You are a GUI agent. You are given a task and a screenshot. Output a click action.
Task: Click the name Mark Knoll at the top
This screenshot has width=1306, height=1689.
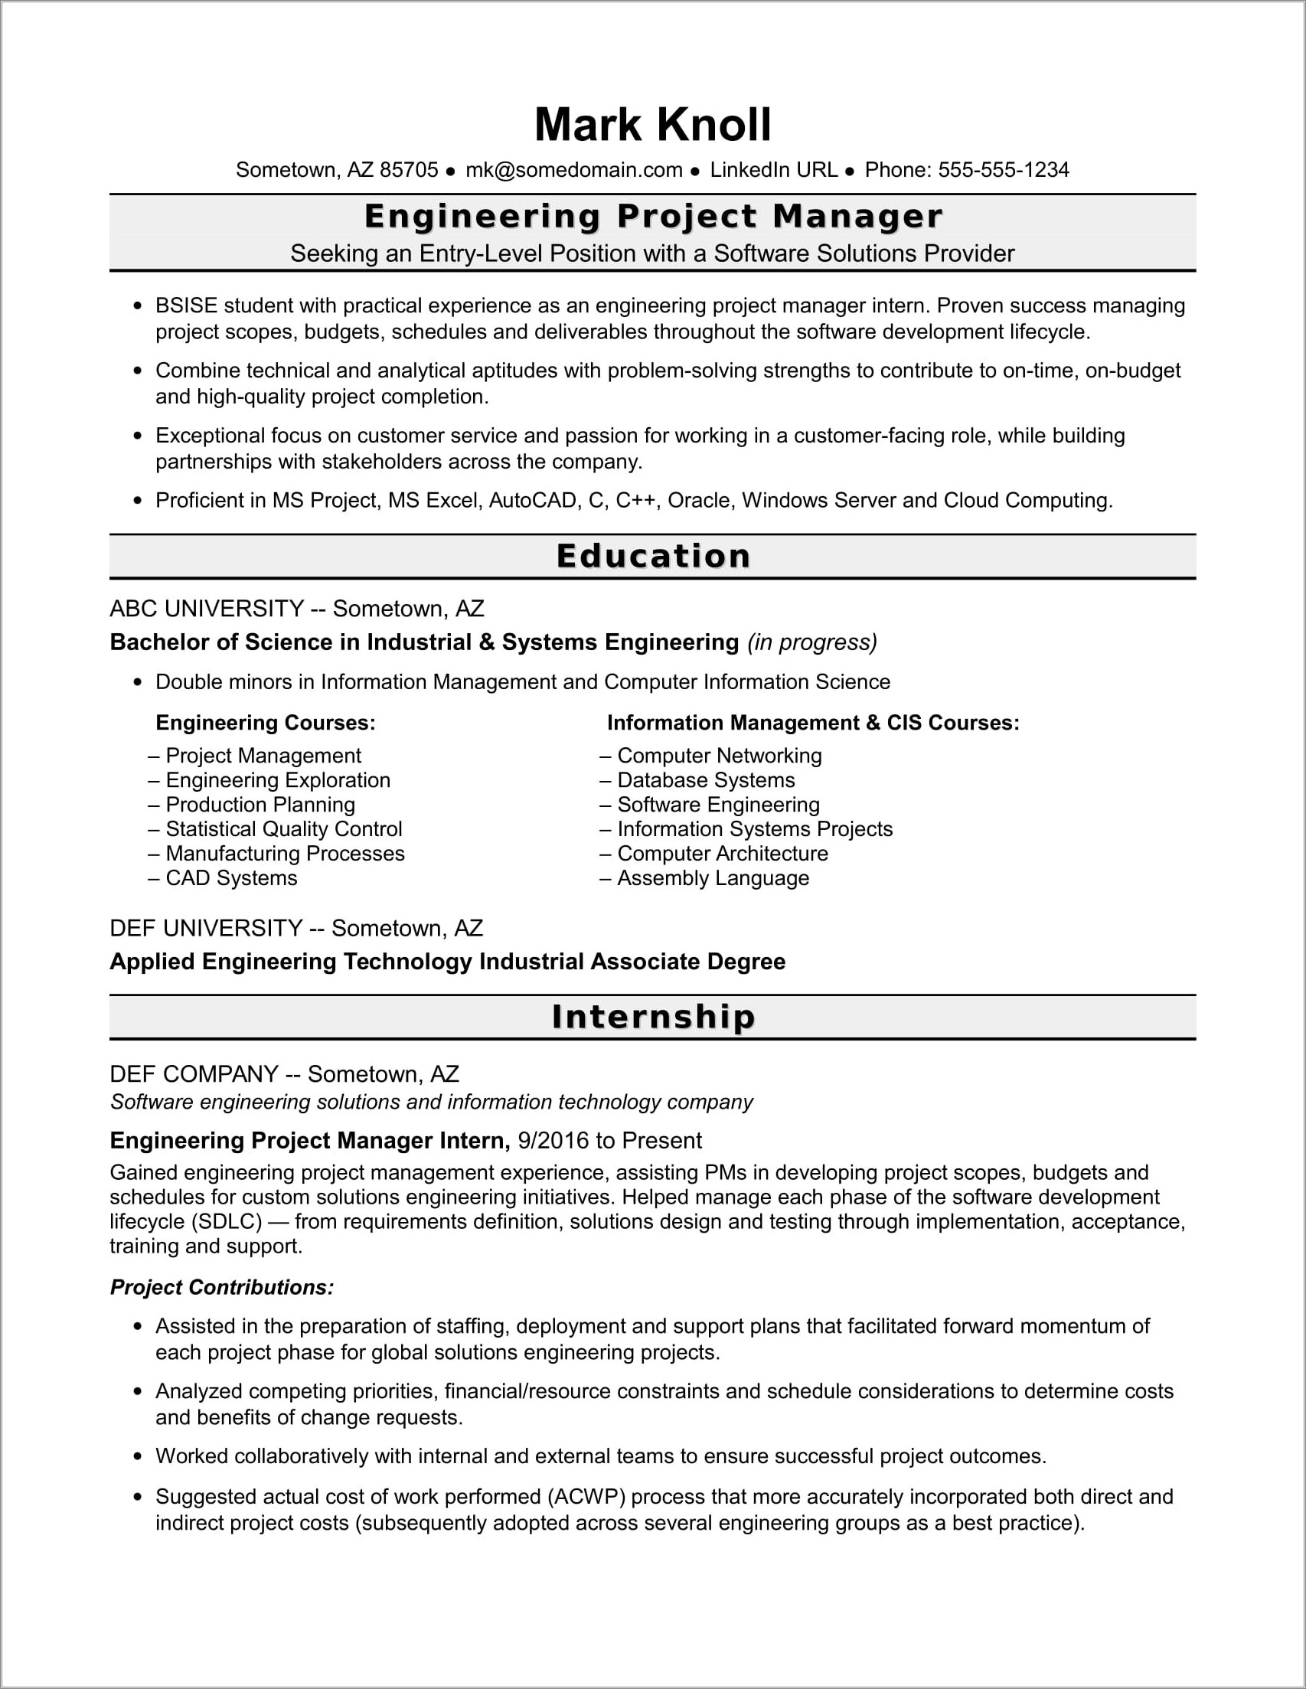(652, 125)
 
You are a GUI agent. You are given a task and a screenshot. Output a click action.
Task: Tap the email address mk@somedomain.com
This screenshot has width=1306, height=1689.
(573, 170)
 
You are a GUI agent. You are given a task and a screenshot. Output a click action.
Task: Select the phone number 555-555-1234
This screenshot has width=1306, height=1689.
(1003, 170)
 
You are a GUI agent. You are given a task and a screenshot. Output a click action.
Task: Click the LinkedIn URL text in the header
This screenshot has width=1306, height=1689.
(773, 170)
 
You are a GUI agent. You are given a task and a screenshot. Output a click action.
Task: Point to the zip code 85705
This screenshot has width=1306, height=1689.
(409, 170)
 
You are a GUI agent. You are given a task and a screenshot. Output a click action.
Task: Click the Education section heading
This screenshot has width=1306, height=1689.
(652, 556)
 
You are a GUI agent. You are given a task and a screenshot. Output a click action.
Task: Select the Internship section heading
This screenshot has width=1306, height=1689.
(652, 1016)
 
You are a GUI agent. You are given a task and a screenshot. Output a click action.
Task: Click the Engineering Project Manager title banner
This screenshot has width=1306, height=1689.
(652, 217)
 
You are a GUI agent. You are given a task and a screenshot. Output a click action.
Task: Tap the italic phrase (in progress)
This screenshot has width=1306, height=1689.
(812, 642)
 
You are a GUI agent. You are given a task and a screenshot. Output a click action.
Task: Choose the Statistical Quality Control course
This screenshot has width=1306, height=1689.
(284, 829)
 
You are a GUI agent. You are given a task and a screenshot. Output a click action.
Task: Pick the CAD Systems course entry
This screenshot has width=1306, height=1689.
(231, 877)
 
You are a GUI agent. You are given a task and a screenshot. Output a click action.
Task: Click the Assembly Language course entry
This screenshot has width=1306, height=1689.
(712, 877)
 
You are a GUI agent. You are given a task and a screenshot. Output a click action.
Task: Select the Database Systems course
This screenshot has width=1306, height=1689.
(705, 779)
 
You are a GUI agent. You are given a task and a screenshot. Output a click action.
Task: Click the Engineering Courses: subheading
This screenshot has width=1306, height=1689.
(265, 722)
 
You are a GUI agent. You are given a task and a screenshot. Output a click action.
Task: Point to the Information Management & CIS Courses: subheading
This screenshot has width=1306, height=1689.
(813, 722)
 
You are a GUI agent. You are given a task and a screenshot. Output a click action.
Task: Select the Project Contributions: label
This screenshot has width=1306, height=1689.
(222, 1287)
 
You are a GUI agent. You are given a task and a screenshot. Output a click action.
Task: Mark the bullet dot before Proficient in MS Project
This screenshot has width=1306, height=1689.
(138, 501)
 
